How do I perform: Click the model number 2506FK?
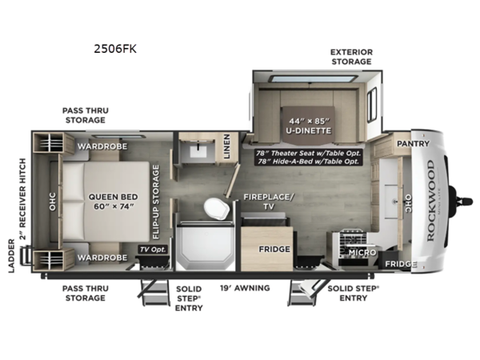[x=115, y=49]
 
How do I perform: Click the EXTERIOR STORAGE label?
[x=352, y=57]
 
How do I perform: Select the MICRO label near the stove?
[x=362, y=253]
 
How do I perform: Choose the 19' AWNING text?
[x=245, y=288]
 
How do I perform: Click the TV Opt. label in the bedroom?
[x=151, y=250]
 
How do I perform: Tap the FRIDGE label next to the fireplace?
[x=274, y=249]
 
